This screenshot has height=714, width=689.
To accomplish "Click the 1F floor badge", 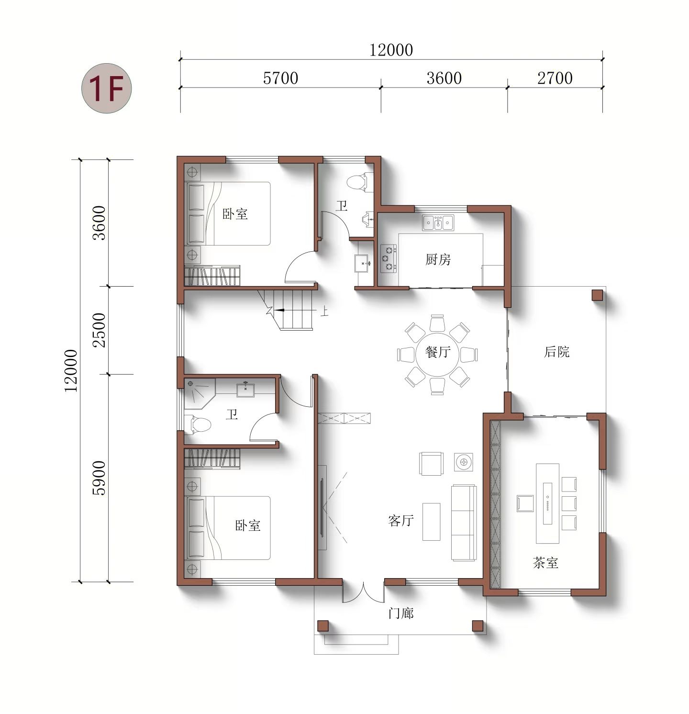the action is coord(106,89).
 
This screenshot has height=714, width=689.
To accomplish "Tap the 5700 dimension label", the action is coord(280,78).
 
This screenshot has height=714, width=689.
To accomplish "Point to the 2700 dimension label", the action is coord(555,78).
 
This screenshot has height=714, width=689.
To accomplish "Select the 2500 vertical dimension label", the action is coord(99,330).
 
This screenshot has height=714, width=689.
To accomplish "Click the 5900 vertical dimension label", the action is coord(99,478).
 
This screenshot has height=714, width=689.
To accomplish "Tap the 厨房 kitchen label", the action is coord(438,259).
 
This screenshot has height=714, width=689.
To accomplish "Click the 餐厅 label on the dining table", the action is coord(438,352).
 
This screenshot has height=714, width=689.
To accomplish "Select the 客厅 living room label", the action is coord(401,520).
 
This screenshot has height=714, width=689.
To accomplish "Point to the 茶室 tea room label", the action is coord(545,562).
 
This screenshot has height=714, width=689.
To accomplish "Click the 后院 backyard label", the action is coord(557,352).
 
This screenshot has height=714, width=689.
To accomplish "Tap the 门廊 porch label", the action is coord(401,613).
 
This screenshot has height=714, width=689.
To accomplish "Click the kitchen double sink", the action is coord(438,223).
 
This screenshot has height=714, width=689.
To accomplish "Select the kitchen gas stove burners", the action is coord(389,258).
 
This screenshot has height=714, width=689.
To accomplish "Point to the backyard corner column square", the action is coord(597,295).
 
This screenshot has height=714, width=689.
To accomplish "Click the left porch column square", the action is coord(323,626).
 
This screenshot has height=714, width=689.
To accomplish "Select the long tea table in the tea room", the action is coord(547,503).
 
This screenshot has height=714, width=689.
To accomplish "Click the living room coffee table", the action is coord(431,522).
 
